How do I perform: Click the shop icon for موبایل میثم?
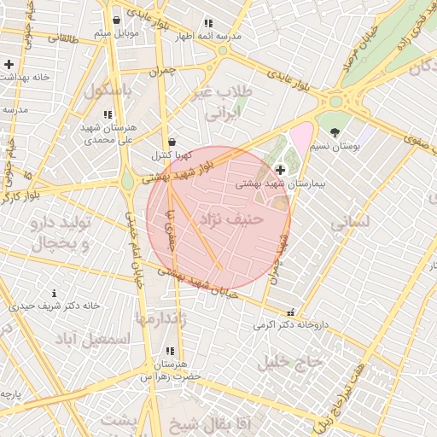[x=116, y=20]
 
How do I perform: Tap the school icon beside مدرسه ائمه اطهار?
[x=207, y=24]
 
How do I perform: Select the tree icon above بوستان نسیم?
[x=334, y=132]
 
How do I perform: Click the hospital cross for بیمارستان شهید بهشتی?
[x=280, y=171]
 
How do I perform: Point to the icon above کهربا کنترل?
[x=172, y=142]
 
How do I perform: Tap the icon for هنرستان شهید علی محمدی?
[x=108, y=114]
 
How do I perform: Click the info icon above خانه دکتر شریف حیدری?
[x=55, y=293]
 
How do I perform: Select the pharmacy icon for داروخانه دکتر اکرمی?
[x=292, y=312]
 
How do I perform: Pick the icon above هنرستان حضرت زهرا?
[x=170, y=351]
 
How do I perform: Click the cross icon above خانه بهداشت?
[x=9, y=64]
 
